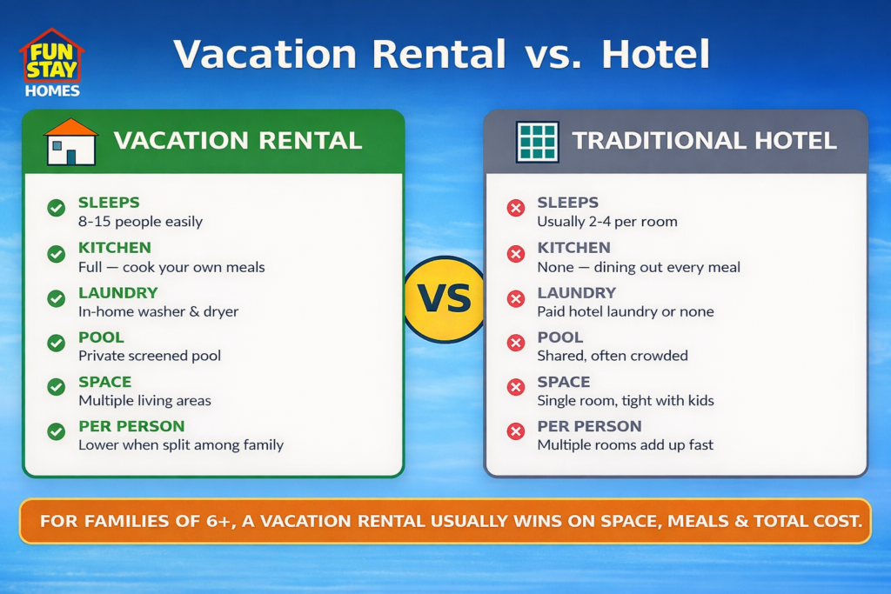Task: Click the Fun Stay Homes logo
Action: click(51, 63)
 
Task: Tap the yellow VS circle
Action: click(445, 299)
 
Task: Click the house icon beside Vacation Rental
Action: click(70, 142)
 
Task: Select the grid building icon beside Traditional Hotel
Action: click(537, 142)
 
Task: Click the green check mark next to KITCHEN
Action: click(57, 254)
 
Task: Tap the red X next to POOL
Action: click(516, 343)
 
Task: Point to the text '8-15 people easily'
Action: click(140, 222)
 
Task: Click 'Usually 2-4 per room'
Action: click(606, 222)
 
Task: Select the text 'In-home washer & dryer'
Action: click(158, 311)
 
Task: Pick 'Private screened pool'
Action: click(150, 356)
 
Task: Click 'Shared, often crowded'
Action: click(613, 356)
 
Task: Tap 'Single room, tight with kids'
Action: click(625, 401)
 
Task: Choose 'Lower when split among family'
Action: click(181, 445)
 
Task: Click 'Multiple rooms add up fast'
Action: click(625, 445)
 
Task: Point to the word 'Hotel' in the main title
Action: click(655, 55)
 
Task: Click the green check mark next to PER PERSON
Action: click(57, 431)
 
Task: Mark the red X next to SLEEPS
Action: click(516, 209)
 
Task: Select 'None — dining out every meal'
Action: click(639, 267)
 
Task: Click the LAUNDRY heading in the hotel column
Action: click(576, 293)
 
